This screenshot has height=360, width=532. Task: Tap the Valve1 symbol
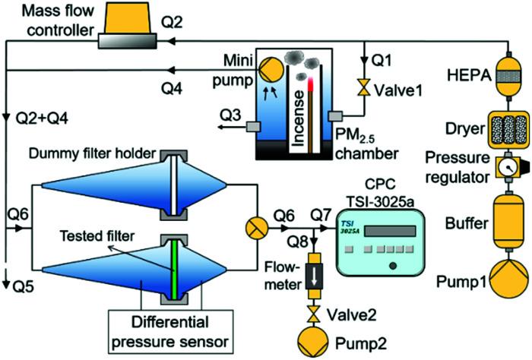coord(363,89)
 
